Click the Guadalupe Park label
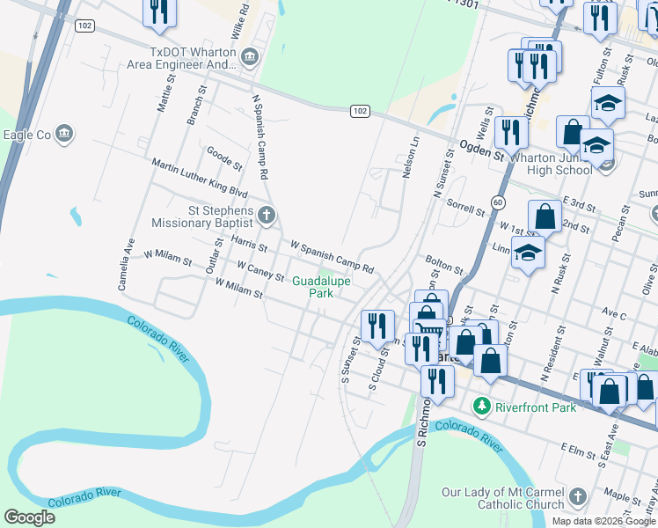point(321,287)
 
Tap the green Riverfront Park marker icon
point(481,407)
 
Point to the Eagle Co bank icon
point(63,134)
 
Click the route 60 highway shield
point(498,202)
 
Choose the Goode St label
point(224,158)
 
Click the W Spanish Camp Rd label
point(333,256)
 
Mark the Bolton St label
point(444,265)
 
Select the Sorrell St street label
point(466,207)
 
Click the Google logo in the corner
point(30,517)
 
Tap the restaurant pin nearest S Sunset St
point(377,326)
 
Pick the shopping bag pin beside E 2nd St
point(545,216)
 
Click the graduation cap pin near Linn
point(527,253)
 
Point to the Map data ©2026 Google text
point(603,521)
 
